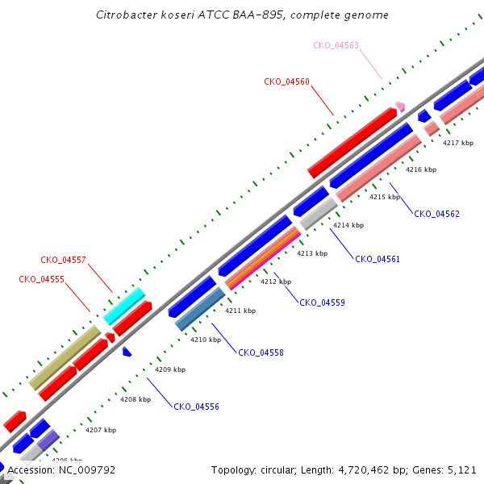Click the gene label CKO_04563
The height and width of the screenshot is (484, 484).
point(336,45)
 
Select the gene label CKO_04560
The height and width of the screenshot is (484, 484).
point(286,81)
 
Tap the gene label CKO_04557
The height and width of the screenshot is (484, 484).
point(63,261)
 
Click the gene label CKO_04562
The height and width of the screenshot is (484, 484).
point(436,214)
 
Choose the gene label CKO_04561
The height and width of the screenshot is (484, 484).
point(378,259)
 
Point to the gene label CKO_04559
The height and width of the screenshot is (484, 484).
point(322,302)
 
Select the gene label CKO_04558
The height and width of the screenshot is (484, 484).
point(261,353)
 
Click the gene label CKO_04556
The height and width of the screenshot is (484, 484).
point(196,407)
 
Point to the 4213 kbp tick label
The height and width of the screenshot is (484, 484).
point(312,253)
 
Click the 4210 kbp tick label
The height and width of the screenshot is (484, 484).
point(206,340)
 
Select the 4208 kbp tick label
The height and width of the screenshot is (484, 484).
point(136,398)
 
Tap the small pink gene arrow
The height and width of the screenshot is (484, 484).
point(399,106)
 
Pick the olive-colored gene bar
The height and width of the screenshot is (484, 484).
point(65,357)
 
